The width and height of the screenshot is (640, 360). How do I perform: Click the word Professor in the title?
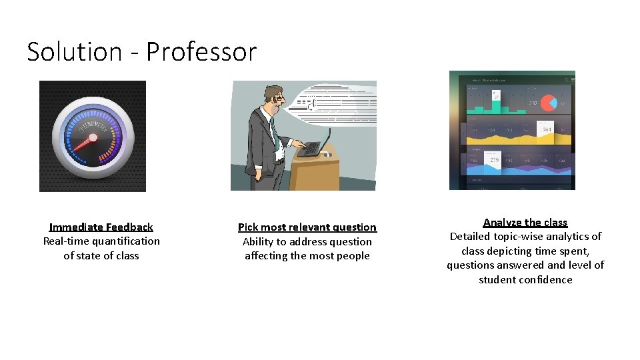[x=201, y=52]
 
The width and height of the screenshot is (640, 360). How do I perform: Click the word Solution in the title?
[x=74, y=52]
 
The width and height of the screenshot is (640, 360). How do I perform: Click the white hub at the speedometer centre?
[x=93, y=138]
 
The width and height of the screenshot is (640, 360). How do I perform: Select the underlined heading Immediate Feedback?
[x=101, y=227]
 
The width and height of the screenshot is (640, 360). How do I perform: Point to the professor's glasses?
[x=277, y=99]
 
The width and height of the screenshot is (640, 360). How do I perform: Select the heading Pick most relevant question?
[x=307, y=227]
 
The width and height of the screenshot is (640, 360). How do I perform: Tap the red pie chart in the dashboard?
[x=549, y=103]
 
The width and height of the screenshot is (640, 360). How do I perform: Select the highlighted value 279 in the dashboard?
[x=494, y=160]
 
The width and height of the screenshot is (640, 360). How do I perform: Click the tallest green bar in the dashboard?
[x=495, y=103]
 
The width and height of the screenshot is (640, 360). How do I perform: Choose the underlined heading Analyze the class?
[x=525, y=223]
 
